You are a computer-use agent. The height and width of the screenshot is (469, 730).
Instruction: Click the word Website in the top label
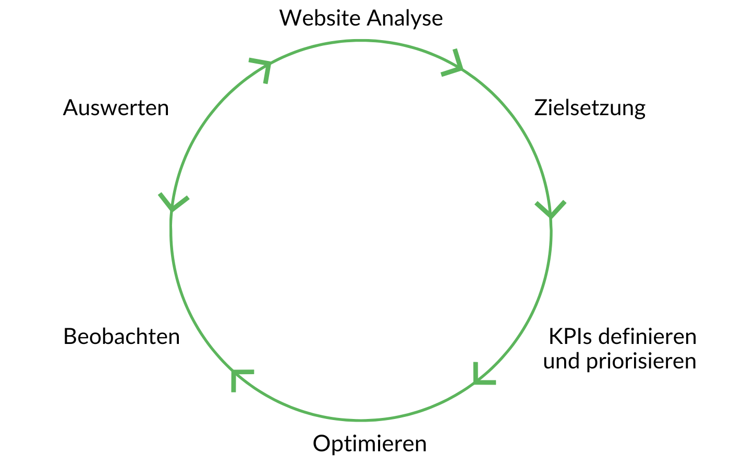pyautogui.click(x=320, y=18)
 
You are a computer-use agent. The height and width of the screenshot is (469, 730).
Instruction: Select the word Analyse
pyautogui.click(x=405, y=19)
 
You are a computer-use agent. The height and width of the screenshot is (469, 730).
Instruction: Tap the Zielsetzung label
pyautogui.click(x=590, y=108)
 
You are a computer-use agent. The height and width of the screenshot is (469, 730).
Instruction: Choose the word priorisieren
pyautogui.click(x=641, y=362)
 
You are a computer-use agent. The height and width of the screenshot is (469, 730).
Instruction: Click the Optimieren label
pyautogui.click(x=370, y=444)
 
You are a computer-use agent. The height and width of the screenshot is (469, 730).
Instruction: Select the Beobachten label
pyautogui.click(x=121, y=337)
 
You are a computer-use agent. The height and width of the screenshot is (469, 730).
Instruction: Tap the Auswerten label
pyautogui.click(x=116, y=108)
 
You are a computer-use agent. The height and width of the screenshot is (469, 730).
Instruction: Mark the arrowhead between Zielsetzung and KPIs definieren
pyautogui.click(x=550, y=210)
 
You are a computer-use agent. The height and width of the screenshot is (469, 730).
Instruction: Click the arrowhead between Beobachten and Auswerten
pyautogui.click(x=172, y=203)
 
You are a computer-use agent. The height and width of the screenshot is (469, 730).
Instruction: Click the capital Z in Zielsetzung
pyautogui.click(x=541, y=108)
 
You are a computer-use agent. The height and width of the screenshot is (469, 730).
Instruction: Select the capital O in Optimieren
pyautogui.click(x=322, y=444)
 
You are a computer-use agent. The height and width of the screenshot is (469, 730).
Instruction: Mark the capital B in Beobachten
pyautogui.click(x=70, y=337)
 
